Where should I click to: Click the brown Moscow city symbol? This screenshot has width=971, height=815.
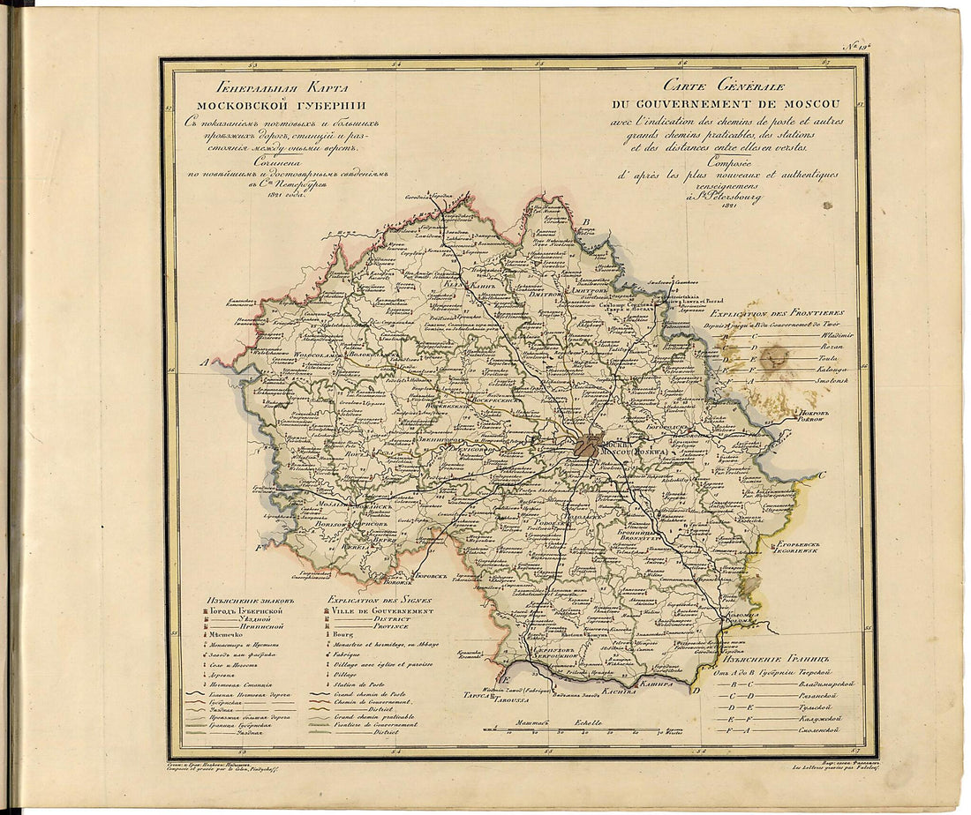586,445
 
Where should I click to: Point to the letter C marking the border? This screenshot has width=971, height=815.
822,475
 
